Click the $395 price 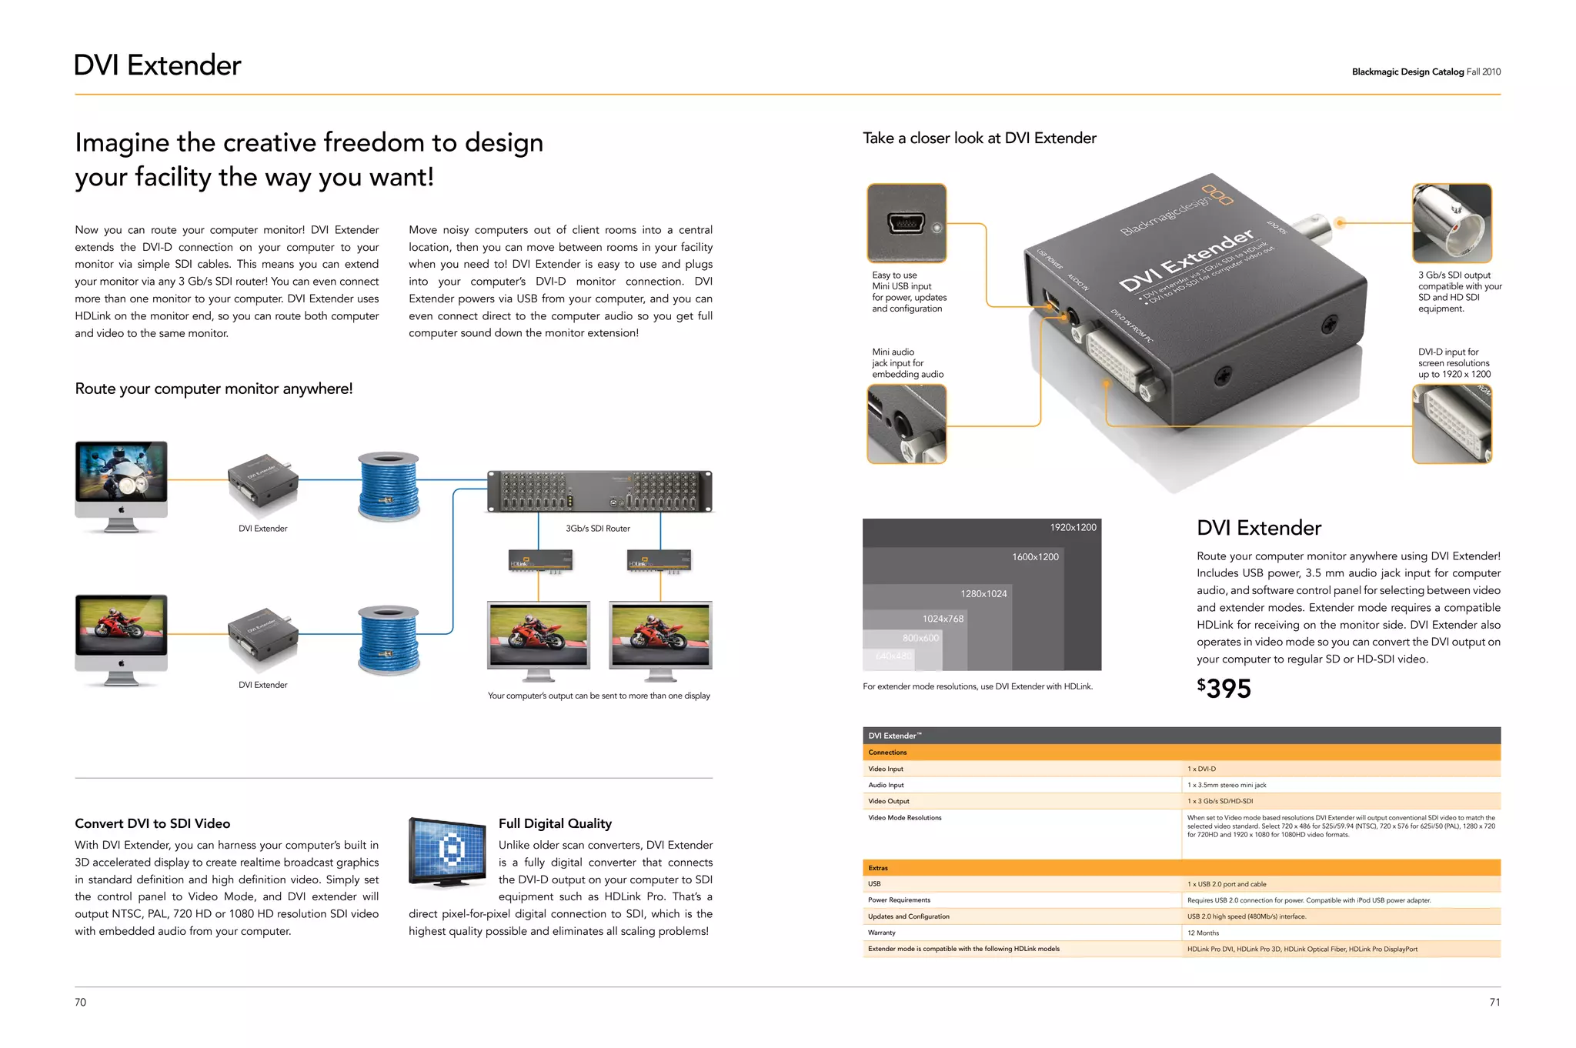point(1224,688)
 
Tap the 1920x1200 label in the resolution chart point(1073,527)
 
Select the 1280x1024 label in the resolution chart point(983,593)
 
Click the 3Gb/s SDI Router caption point(597,529)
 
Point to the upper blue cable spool point(389,486)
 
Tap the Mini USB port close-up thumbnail point(907,223)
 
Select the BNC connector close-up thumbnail point(1451,223)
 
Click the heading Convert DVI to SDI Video point(152,823)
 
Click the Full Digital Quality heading point(555,823)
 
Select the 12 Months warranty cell point(1203,933)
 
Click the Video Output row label point(888,801)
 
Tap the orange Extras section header point(1181,867)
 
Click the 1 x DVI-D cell point(1201,769)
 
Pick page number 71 point(1494,1002)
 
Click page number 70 point(81,1002)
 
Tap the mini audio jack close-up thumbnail point(907,424)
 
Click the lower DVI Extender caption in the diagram point(262,685)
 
